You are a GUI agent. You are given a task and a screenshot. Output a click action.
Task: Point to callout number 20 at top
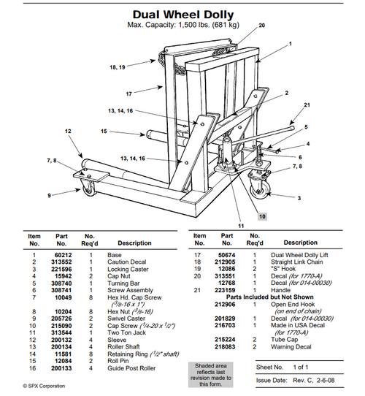click(x=262, y=25)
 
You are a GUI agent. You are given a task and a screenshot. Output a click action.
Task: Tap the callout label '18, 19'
click(x=118, y=66)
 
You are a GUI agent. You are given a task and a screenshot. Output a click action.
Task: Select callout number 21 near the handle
click(x=306, y=104)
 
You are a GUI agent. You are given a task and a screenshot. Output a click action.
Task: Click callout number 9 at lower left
click(x=50, y=195)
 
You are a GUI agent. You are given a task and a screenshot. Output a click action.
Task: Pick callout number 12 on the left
click(x=68, y=132)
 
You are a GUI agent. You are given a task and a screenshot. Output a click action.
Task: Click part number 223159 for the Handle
click(x=228, y=291)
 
